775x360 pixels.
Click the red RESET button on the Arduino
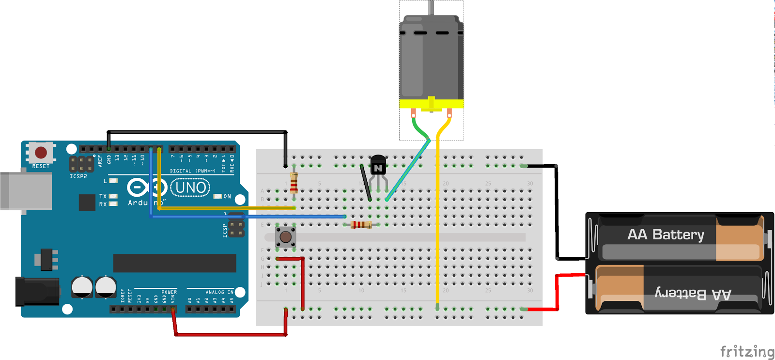coord(41,153)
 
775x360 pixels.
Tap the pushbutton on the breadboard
coord(285,237)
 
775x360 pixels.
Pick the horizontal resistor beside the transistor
coord(361,224)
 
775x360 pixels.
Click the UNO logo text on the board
coord(190,188)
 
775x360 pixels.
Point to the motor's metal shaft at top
coord(431,7)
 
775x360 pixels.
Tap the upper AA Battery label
coord(666,235)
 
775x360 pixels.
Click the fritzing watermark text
coord(746,351)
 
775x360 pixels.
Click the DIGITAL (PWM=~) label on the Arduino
coord(192,171)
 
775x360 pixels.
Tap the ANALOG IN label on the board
coord(219,292)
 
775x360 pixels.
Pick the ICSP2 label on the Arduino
coord(78,176)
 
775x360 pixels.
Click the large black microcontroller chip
coord(174,263)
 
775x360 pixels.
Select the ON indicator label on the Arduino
coord(227,196)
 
